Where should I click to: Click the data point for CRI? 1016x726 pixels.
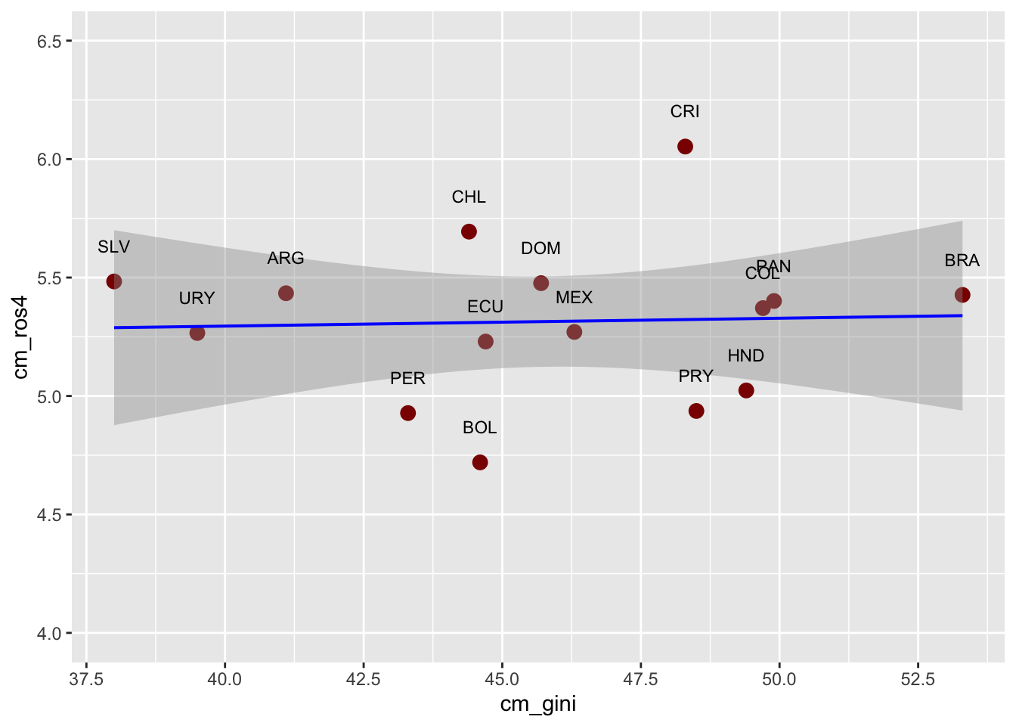coord(685,146)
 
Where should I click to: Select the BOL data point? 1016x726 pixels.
coord(480,462)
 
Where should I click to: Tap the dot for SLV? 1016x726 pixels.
coord(114,281)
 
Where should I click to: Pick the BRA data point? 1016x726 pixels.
coord(962,295)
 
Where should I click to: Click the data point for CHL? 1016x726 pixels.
coord(469,231)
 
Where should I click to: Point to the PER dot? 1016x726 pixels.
coord(408,413)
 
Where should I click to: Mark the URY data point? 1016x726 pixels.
coord(197,333)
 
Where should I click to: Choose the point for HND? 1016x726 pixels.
coord(746,390)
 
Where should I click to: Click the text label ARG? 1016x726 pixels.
coord(286,259)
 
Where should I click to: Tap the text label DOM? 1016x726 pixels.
coord(541,249)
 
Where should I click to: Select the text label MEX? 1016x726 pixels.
coord(574,298)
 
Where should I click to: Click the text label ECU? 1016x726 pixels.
coord(485,307)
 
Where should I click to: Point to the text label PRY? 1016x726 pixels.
coord(695,377)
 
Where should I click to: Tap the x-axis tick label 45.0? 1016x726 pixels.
coord(502,678)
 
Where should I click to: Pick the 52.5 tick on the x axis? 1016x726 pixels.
coord(918,678)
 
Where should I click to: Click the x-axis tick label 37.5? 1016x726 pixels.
coord(86,678)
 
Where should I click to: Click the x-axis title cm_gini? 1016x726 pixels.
coord(538,705)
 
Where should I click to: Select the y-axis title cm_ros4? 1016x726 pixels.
coord(21,337)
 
